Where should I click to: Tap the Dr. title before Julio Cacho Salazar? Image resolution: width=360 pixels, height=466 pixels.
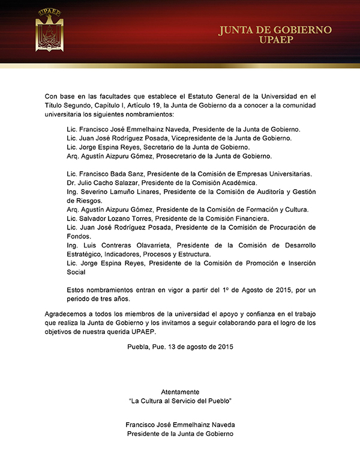pyautogui.click(x=71, y=183)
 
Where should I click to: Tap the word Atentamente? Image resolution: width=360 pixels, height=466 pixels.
pyautogui.click(x=180, y=392)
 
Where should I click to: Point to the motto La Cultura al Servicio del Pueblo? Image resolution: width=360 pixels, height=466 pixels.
pyautogui.click(x=180, y=400)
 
